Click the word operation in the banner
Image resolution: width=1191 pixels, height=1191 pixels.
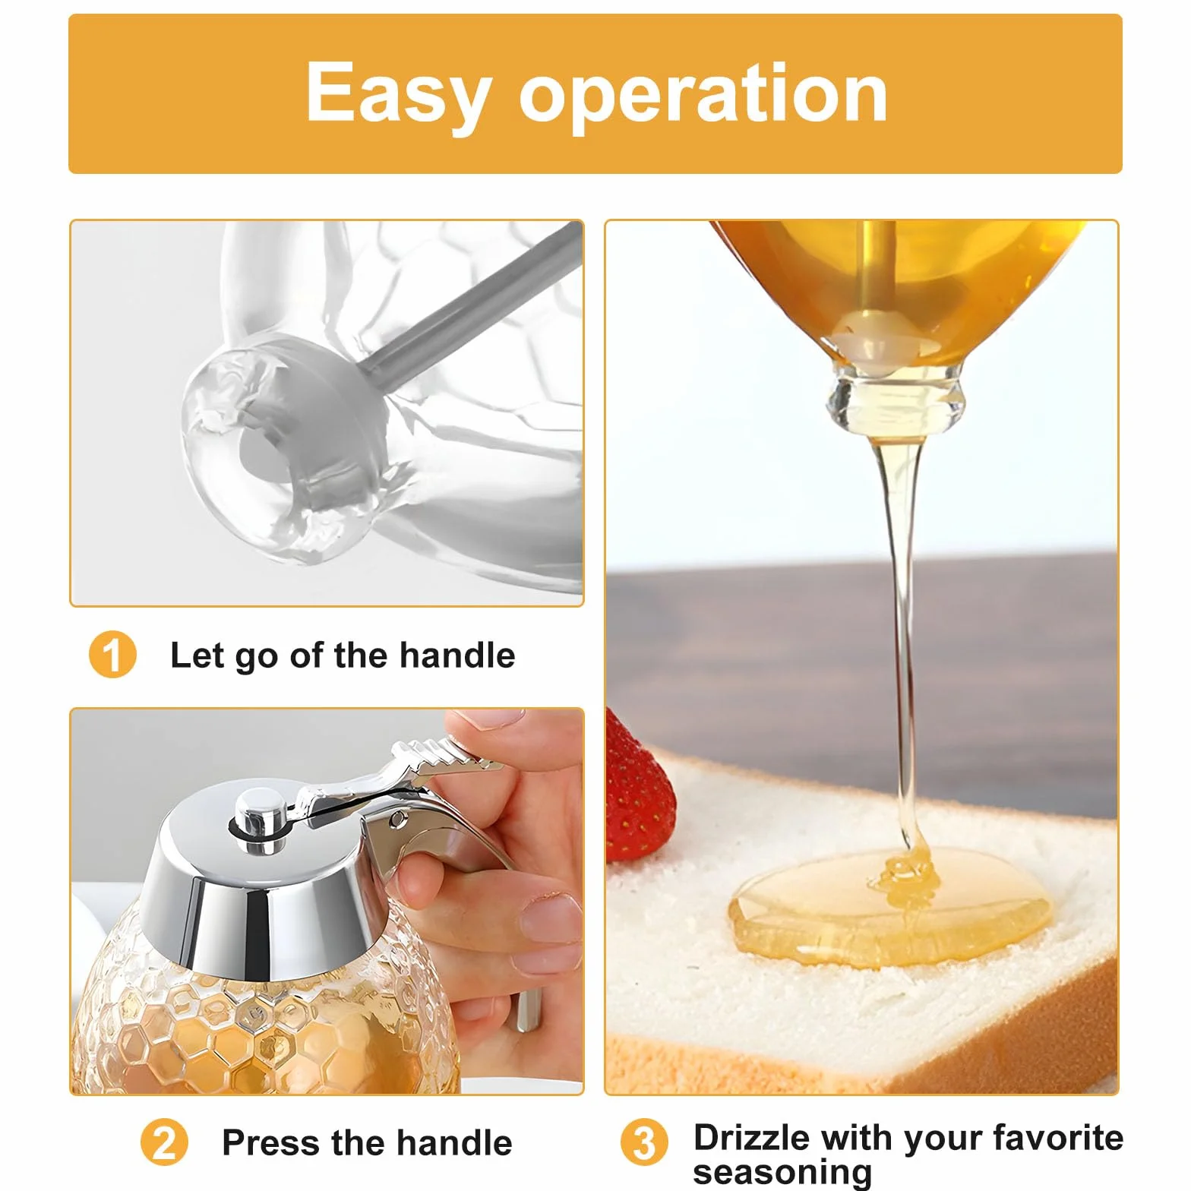coord(703,93)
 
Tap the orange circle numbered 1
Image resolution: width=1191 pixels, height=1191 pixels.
coord(112,655)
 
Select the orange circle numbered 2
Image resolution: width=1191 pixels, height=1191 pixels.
coord(164,1142)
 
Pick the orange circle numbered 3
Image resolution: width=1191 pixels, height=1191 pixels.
coord(644,1142)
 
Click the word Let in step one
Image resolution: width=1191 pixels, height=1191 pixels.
coord(197,655)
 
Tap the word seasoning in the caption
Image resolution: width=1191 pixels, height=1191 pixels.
coord(782,1172)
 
